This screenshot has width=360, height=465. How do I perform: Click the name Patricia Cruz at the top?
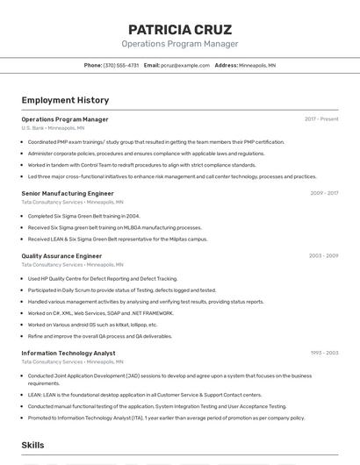(x=180, y=30)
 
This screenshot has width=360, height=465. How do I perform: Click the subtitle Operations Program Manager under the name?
(x=180, y=44)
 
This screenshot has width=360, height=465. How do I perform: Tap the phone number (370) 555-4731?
(x=121, y=65)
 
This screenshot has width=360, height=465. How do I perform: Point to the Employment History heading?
(x=65, y=100)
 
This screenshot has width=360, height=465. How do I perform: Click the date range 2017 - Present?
(x=321, y=119)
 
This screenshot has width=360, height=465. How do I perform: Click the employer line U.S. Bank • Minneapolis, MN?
(x=53, y=128)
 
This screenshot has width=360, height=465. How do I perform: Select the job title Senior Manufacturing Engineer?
(x=68, y=193)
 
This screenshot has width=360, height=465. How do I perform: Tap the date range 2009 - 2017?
(x=323, y=193)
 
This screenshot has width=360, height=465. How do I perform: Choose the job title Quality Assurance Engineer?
(x=61, y=256)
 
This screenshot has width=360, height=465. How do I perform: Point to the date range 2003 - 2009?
(x=323, y=256)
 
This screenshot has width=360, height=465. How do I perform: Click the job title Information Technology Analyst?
(x=68, y=354)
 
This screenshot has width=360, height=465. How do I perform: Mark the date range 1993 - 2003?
(x=324, y=354)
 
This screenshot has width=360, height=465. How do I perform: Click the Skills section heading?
(x=32, y=446)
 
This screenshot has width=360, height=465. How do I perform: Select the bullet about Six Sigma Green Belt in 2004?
(x=83, y=216)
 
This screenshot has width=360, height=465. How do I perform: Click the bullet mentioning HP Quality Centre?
(x=102, y=279)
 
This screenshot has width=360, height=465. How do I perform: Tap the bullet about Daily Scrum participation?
(x=121, y=290)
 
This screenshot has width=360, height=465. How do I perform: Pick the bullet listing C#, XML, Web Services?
(x=100, y=313)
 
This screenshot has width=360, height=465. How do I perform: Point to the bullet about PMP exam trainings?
(x=155, y=142)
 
